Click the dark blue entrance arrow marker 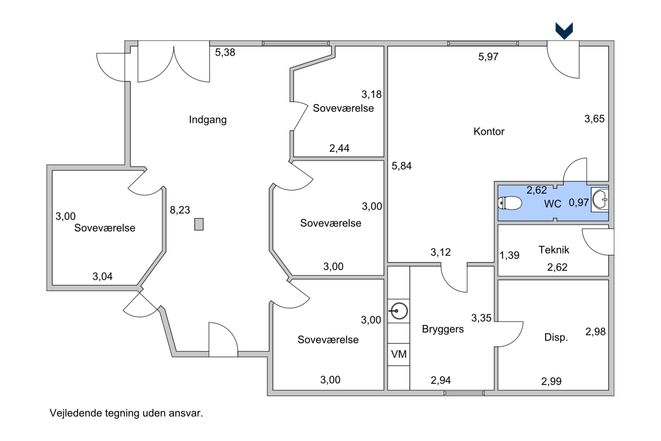pos(564,31)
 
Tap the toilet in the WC pos(510,203)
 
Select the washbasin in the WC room pos(600,200)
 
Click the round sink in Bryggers pos(399,311)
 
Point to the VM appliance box pos(399,354)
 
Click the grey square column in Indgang pos(199,224)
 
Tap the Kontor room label pos(489,131)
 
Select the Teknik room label pos(554,250)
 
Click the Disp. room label pos(556,337)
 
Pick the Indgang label pos(208,120)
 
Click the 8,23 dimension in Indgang pos(180,210)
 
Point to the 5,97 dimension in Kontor pos(488,57)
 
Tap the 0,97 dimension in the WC pos(579,203)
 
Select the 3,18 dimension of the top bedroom pos(372,94)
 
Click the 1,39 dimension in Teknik pos(509,255)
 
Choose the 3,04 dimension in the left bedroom pos(102,276)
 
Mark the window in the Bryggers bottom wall pos(464,393)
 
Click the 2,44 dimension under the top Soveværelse pos(339,148)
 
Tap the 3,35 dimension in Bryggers pos(481,318)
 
